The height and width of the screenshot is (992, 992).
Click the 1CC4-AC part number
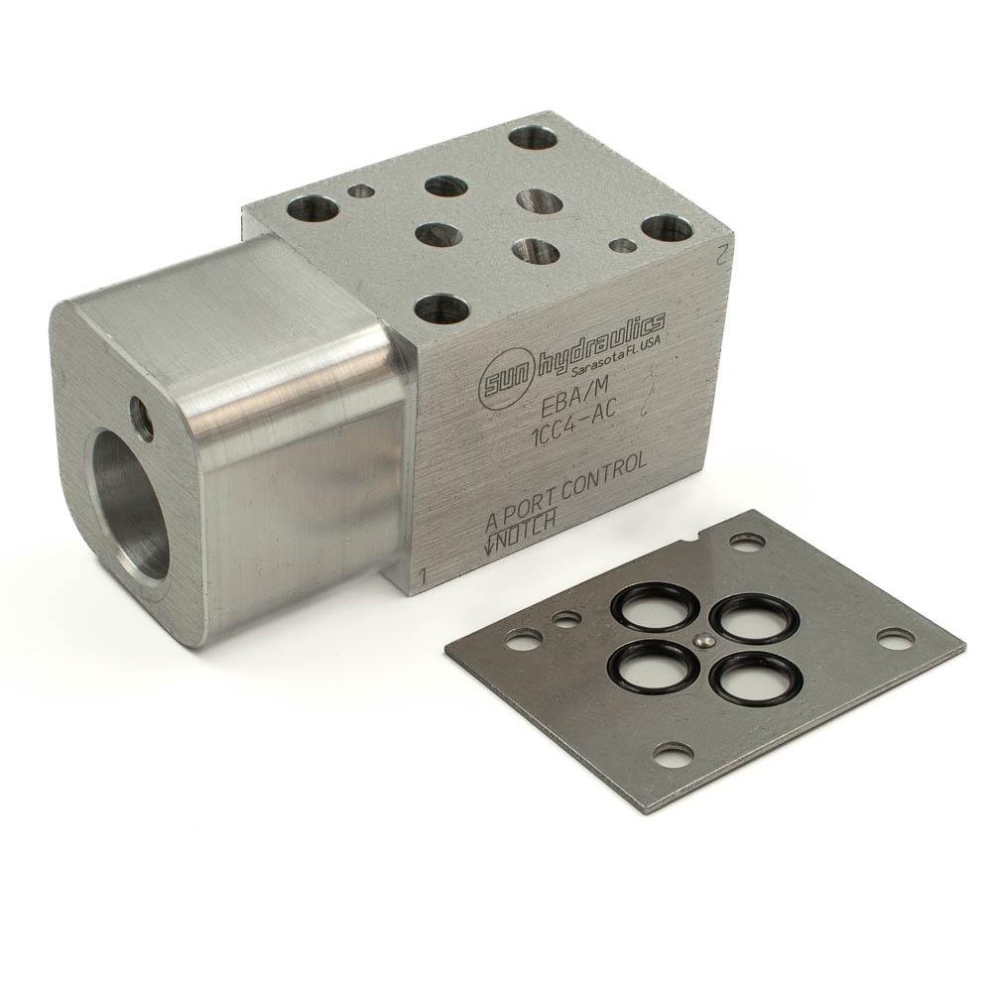[574, 427]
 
